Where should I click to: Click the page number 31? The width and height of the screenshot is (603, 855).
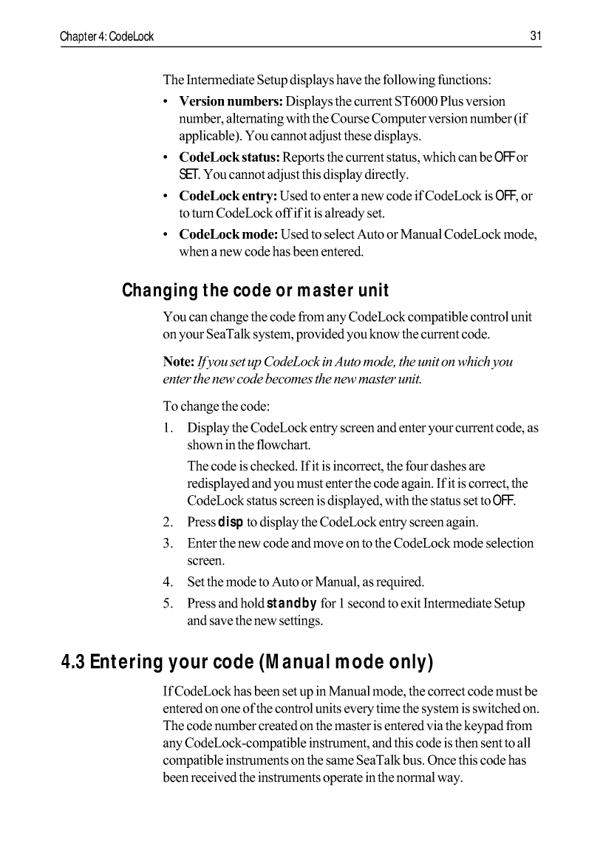[536, 36]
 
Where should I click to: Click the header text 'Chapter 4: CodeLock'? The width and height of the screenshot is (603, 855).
[107, 36]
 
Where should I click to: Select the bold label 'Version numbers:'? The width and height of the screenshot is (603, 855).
[231, 101]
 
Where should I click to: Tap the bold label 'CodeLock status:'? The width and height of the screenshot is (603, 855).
[229, 157]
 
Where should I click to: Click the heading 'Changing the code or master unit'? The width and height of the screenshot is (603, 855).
[255, 290]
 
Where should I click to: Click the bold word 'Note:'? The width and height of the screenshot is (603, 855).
[178, 363]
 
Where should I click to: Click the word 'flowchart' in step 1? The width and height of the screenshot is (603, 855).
[285, 446]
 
